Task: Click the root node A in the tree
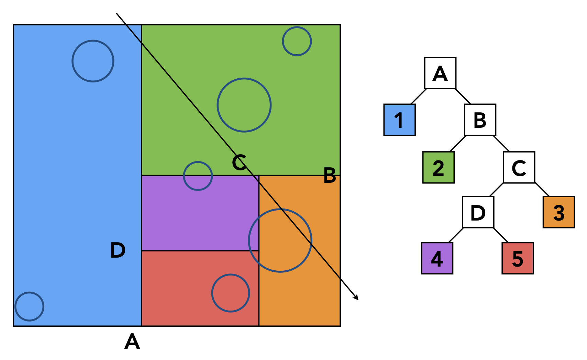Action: (x=440, y=73)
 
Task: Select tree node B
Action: (x=480, y=120)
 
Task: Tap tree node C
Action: (x=519, y=167)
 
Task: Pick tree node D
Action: (x=478, y=212)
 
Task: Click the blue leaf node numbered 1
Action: (x=399, y=120)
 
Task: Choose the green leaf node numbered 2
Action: (x=438, y=167)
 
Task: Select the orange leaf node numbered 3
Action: (x=558, y=212)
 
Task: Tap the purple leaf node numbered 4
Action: (x=437, y=258)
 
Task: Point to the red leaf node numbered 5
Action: (x=518, y=258)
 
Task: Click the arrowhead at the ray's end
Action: (x=356, y=298)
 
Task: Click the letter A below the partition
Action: (x=132, y=341)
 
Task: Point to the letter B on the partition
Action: (x=330, y=175)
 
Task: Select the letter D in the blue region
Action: (x=118, y=250)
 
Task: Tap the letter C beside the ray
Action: (x=239, y=162)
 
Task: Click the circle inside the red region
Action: (x=231, y=293)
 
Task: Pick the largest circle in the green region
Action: (x=244, y=105)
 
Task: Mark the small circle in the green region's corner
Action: (x=297, y=41)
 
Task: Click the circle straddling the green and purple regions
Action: (x=198, y=176)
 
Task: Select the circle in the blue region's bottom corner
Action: (x=30, y=306)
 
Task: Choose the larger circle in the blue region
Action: (x=93, y=61)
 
